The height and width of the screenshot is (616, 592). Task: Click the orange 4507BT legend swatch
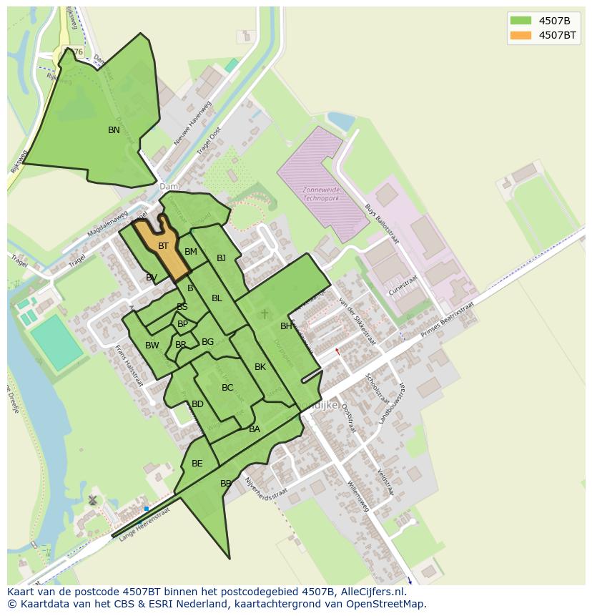pos(521,35)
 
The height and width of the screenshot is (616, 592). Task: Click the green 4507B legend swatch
pos(521,20)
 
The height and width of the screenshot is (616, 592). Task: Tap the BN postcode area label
pos(114,130)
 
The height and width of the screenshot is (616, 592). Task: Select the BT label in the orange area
pos(163,246)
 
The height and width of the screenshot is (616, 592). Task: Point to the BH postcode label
pos(286,326)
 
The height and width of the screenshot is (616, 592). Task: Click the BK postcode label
pos(260,367)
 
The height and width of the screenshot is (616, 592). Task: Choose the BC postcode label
pos(227,388)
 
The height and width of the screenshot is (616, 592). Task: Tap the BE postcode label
pos(197,464)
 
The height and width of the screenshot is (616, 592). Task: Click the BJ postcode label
pos(221,258)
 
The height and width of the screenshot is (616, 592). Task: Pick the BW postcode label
pos(152,346)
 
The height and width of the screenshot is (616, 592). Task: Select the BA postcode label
pos(255,429)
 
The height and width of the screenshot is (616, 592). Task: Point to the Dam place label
pos(169,187)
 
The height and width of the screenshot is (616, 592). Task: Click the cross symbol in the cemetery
pos(265,313)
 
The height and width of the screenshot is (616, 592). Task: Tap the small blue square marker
pos(147,509)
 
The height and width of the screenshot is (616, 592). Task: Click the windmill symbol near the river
pos(92,499)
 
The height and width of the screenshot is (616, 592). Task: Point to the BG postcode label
pos(207,342)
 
